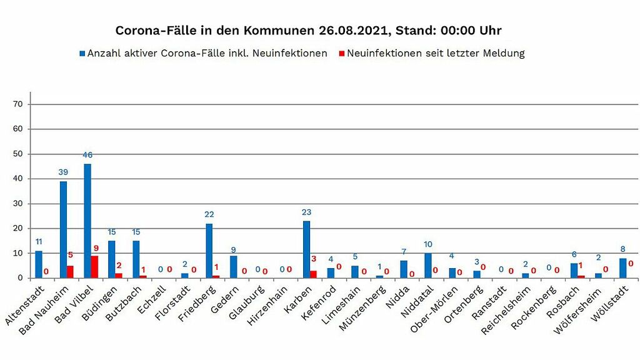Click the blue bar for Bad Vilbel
pyautogui.click(x=87, y=221)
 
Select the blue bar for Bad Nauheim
pyautogui.click(x=63, y=229)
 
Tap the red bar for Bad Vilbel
pyautogui.click(x=94, y=267)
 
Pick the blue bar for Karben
pyautogui.click(x=306, y=249)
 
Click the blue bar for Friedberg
pyautogui.click(x=209, y=251)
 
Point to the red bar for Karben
pyautogui.click(x=313, y=274)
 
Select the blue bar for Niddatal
pyautogui.click(x=428, y=266)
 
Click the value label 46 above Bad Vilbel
pyautogui.click(x=87, y=154)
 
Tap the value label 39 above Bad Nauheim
pyautogui.click(x=63, y=172)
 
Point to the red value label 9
pyautogui.click(x=96, y=248)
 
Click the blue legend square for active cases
pyautogui.click(x=82, y=54)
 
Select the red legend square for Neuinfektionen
pyautogui.click(x=341, y=54)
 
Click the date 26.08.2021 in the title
pyautogui.click(x=352, y=30)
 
